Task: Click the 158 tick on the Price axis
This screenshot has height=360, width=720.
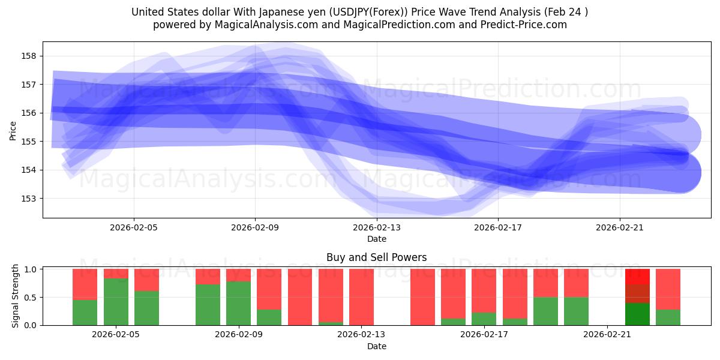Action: tap(29, 56)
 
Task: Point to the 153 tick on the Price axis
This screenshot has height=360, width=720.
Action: tap(29, 198)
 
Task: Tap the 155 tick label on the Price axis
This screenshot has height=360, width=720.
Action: tap(29, 142)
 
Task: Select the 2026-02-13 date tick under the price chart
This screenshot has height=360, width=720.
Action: tap(376, 227)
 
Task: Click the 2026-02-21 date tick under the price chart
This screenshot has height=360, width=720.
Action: tap(619, 227)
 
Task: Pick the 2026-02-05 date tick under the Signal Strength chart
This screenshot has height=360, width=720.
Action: tap(116, 335)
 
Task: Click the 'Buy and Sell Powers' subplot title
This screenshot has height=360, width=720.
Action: tap(376, 257)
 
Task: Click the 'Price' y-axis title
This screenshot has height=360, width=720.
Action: tap(13, 130)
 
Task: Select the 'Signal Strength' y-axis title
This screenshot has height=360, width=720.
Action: tap(16, 296)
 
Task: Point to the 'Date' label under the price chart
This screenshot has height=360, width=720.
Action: tap(376, 239)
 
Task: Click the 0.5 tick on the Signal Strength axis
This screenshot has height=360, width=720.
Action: tap(29, 298)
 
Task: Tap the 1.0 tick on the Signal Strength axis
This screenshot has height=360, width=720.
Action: tap(29, 269)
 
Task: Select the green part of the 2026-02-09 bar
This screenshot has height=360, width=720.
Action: tap(238, 304)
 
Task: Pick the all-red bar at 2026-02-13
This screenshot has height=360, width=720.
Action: tap(361, 297)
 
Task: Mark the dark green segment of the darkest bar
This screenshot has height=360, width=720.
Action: tap(637, 314)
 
